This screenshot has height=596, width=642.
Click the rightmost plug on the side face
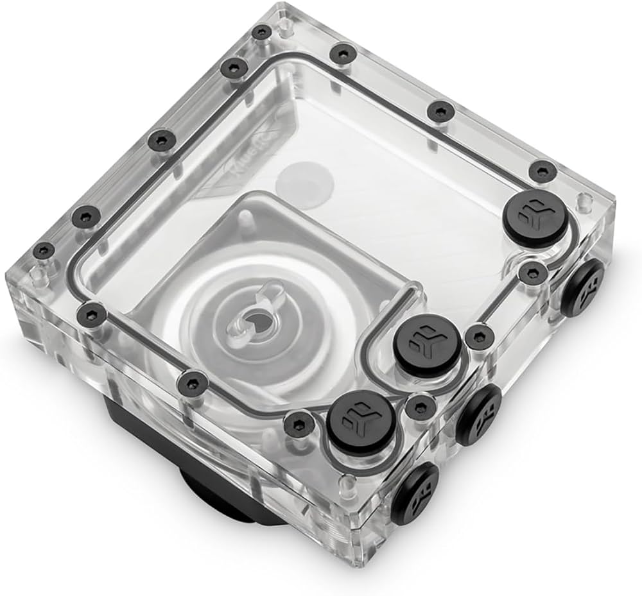(583, 288)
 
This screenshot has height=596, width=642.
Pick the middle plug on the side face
(479, 414)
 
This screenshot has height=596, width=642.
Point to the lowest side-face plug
(416, 493)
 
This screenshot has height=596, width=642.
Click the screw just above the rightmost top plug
(542, 171)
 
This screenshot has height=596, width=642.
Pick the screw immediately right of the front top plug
(421, 407)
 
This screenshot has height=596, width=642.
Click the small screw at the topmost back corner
(261, 31)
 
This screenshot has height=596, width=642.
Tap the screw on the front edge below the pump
(189, 383)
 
